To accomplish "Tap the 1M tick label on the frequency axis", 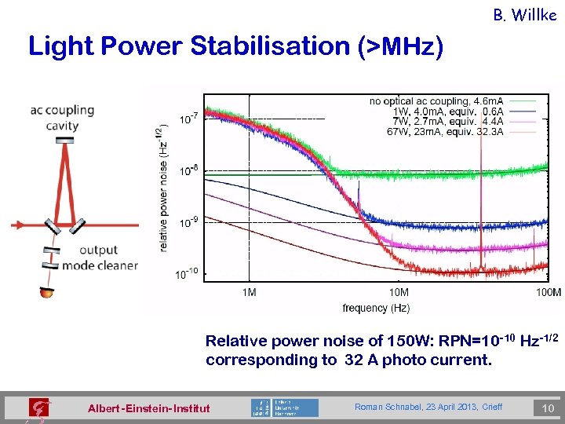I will point(249,293).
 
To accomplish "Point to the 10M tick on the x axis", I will point(399,293).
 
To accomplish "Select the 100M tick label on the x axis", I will point(548,293).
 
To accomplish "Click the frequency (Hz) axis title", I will point(376,309).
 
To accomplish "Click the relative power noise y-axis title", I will point(162,190).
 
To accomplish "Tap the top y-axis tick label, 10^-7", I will point(189,119).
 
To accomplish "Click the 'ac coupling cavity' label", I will point(62,118).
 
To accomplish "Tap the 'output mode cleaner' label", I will point(107,258).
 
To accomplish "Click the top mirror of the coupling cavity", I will point(65,140).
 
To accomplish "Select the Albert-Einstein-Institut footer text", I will point(149,408).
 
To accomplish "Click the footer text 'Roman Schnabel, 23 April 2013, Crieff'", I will point(428,407).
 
